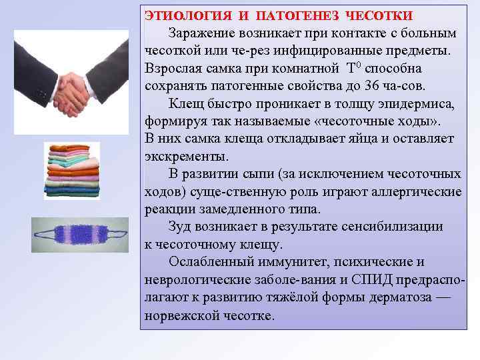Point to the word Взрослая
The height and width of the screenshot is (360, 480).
tap(174, 68)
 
